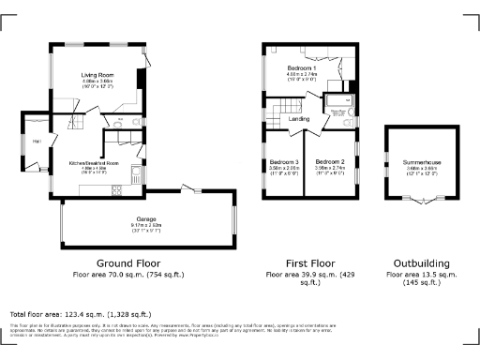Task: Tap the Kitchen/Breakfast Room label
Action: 94,163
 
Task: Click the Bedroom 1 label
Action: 302,68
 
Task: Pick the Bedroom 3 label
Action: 284,161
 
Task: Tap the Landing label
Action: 300,119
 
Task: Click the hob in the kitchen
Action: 137,172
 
